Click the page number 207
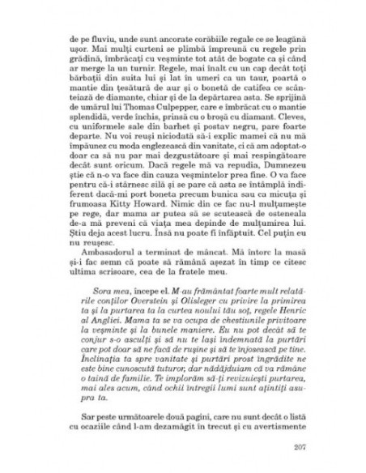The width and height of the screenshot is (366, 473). (294, 445)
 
